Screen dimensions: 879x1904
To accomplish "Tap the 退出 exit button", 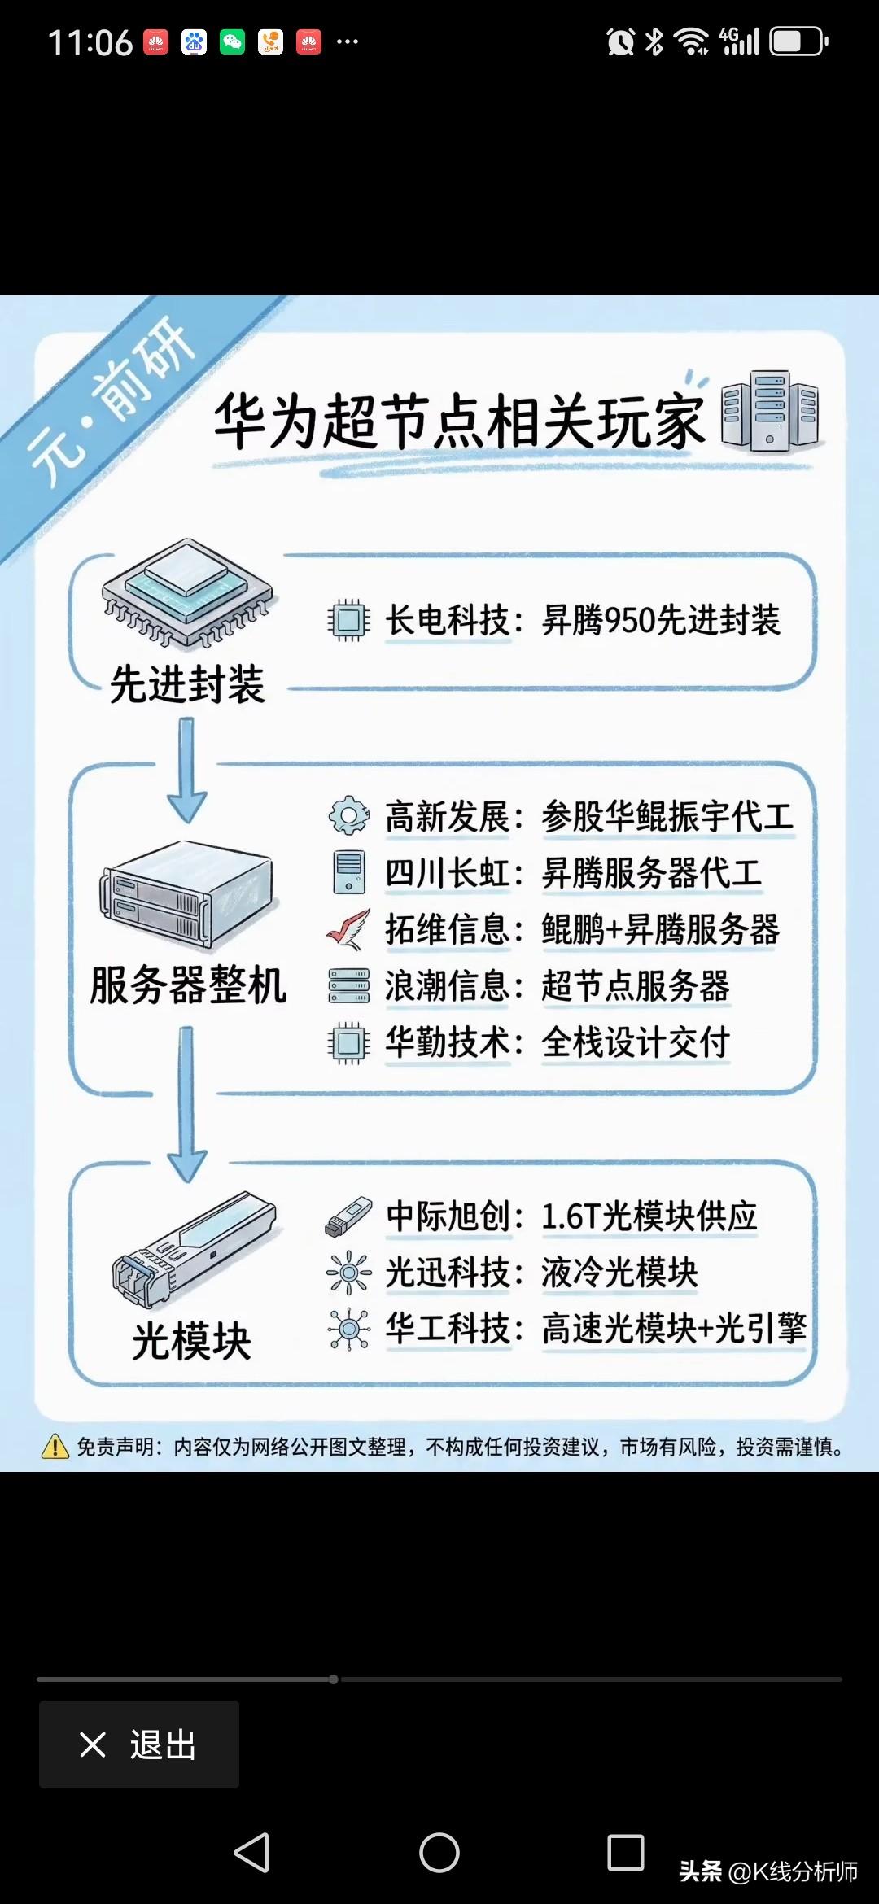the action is pos(139,1745).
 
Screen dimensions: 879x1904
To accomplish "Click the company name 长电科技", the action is pos(447,620).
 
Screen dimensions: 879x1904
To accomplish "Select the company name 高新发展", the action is pos(447,816).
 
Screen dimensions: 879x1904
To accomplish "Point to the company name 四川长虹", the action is pos(447,873).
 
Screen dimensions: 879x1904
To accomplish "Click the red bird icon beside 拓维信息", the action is pos(348,929).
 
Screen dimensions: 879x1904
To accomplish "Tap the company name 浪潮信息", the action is pos(447,985).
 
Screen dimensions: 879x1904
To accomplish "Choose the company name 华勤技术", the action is pos(447,1042).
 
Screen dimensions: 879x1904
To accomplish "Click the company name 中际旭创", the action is pos(447,1216).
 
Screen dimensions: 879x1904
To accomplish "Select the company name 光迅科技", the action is pos(447,1272).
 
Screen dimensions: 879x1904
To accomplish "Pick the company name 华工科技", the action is pos(447,1328).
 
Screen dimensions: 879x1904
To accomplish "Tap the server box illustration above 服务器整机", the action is pos(187,895).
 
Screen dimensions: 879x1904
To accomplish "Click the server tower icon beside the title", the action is pos(770,410).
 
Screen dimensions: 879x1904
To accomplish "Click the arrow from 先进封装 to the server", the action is pos(187,770).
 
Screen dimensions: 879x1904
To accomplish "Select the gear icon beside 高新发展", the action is pos(349,815).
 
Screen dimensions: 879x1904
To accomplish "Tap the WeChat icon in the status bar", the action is pos(233,41).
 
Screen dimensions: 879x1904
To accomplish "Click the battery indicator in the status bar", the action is pos(799,41).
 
